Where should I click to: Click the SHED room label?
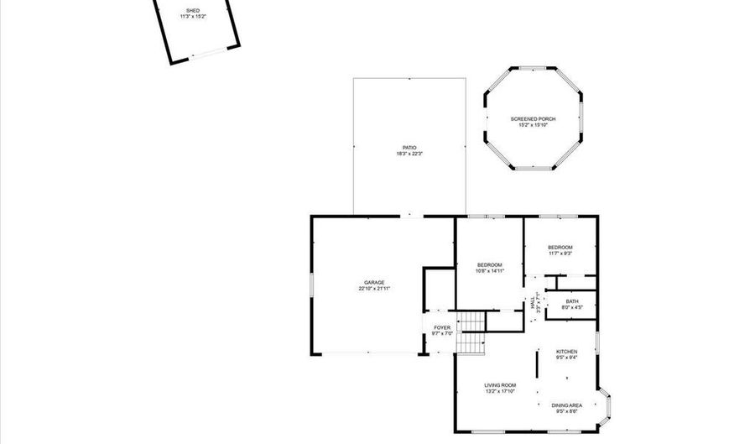tap(192, 10)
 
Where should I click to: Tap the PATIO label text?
tap(409, 148)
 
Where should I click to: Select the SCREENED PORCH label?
tap(533, 119)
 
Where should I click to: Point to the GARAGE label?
tap(374, 282)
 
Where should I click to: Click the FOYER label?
tap(442, 327)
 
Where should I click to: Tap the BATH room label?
tap(572, 301)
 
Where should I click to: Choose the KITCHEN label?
tap(567, 351)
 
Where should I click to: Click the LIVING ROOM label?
tap(499, 385)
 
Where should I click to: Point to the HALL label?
tap(533, 302)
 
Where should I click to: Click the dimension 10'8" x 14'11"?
tap(490, 271)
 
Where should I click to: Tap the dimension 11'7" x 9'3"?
tap(560, 253)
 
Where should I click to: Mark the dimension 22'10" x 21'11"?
tap(374, 289)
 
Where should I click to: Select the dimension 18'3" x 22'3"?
tap(409, 154)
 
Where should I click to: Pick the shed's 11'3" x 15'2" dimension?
tap(192, 17)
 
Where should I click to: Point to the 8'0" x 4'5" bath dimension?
tap(572, 307)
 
